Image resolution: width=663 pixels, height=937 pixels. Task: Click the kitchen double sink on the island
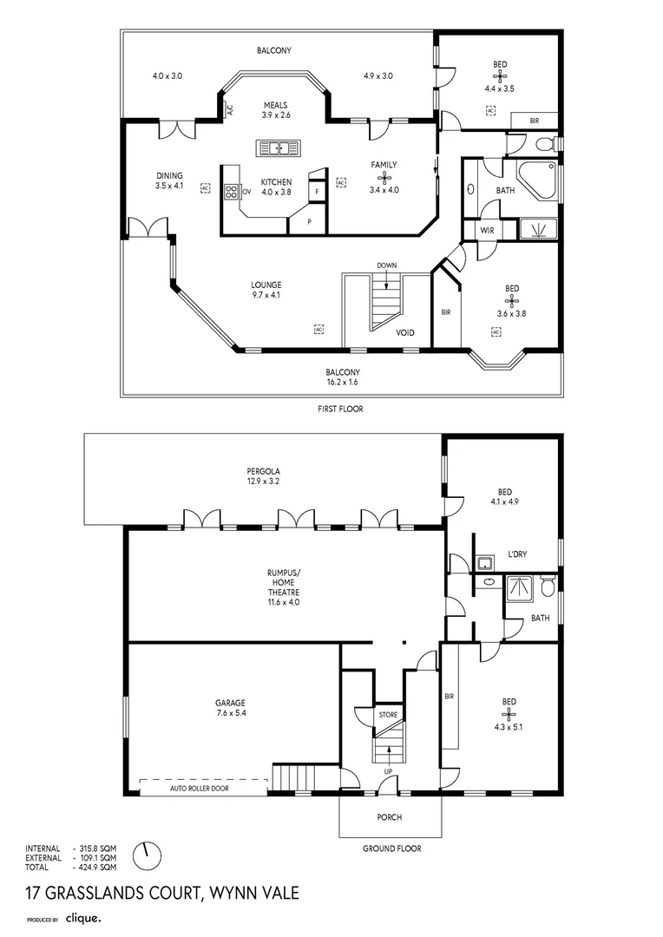279,147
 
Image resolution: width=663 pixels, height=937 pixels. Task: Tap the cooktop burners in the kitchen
231,191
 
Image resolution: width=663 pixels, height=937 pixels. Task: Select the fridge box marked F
317,191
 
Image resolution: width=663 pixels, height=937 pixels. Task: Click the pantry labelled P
309,222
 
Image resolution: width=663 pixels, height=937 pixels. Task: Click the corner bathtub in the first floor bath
540,180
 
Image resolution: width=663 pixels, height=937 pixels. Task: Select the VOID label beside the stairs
404,333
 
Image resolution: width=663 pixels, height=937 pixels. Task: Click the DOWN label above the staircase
387,265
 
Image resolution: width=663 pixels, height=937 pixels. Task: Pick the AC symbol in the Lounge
318,329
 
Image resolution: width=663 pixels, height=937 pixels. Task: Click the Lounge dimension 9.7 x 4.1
266,295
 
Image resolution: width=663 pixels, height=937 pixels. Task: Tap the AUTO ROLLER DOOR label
199,789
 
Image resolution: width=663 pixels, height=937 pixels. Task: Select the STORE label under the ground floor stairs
388,715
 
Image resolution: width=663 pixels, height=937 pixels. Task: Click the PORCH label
389,817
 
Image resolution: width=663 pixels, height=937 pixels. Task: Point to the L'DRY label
517,554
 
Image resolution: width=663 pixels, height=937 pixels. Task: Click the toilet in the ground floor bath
547,586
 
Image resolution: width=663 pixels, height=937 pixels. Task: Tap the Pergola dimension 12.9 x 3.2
264,481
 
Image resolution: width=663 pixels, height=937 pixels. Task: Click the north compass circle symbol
147,856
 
